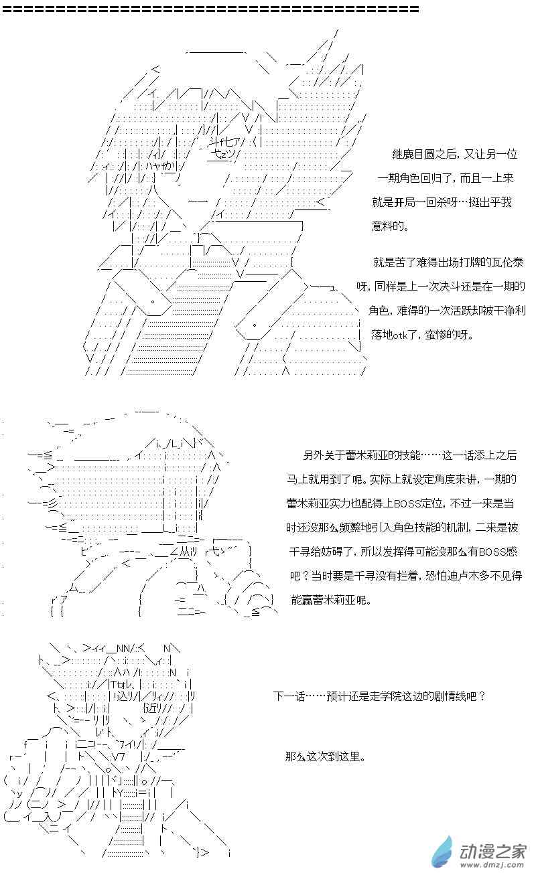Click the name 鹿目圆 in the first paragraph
click(x=419, y=153)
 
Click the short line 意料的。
click(x=389, y=226)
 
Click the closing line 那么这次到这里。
click(x=325, y=757)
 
